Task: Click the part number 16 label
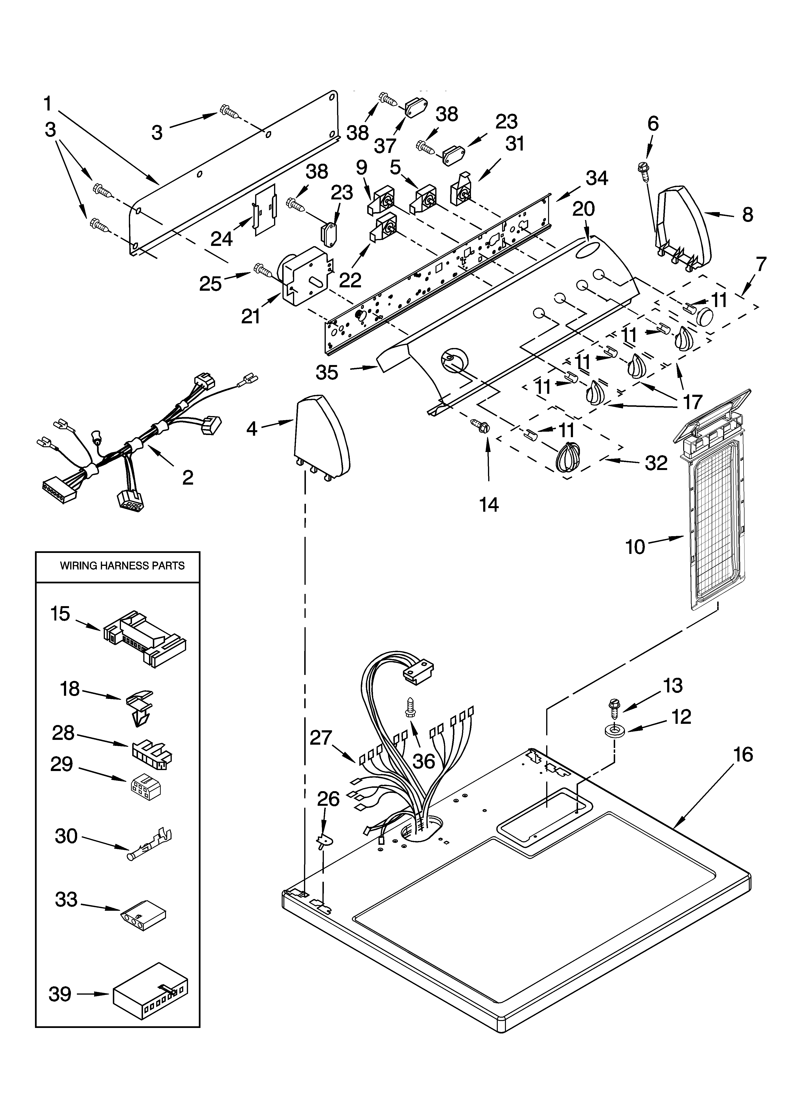pos(743,755)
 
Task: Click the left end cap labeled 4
pos(321,440)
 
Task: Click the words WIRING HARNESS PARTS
pos(122,566)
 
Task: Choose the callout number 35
pos(327,372)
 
